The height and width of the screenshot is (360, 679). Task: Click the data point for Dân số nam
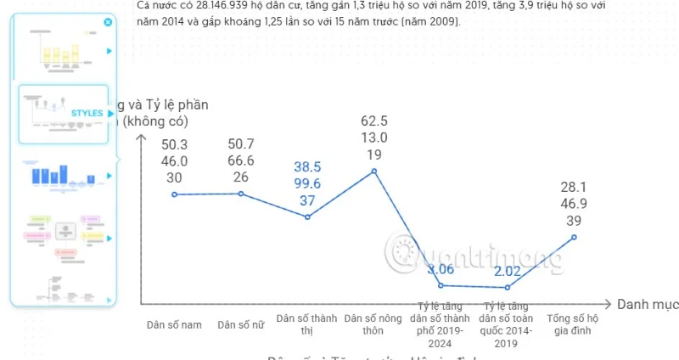175,194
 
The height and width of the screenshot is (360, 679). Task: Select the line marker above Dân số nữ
241,194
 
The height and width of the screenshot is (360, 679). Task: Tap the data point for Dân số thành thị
308,217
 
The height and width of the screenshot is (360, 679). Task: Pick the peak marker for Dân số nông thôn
374,172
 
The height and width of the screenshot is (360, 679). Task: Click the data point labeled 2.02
507,288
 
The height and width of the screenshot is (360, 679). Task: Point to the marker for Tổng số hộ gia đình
574,237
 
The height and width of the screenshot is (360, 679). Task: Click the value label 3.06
441,270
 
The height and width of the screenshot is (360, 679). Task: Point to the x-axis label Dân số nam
174,323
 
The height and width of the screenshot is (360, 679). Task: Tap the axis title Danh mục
646,304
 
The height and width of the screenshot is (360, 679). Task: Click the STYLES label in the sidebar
87,113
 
